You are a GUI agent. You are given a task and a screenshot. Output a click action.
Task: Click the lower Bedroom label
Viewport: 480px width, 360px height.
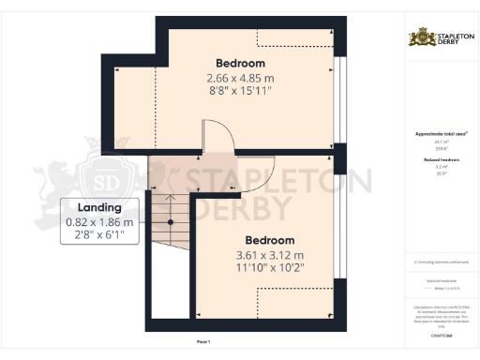tap(269, 240)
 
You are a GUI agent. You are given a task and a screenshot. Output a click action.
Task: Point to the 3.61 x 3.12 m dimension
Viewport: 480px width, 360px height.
tap(269, 255)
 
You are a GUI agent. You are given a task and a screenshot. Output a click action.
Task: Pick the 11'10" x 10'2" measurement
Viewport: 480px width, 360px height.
tap(269, 269)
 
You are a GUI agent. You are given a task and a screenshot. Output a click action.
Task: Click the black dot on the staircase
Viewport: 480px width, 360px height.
tap(171, 222)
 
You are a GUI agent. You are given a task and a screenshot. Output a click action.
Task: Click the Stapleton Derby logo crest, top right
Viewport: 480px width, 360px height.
tap(418, 38)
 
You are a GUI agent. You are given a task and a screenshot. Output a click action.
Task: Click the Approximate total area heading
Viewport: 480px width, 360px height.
tap(442, 134)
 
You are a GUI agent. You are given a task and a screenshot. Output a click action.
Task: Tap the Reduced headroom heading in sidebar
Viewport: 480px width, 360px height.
tap(441, 160)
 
